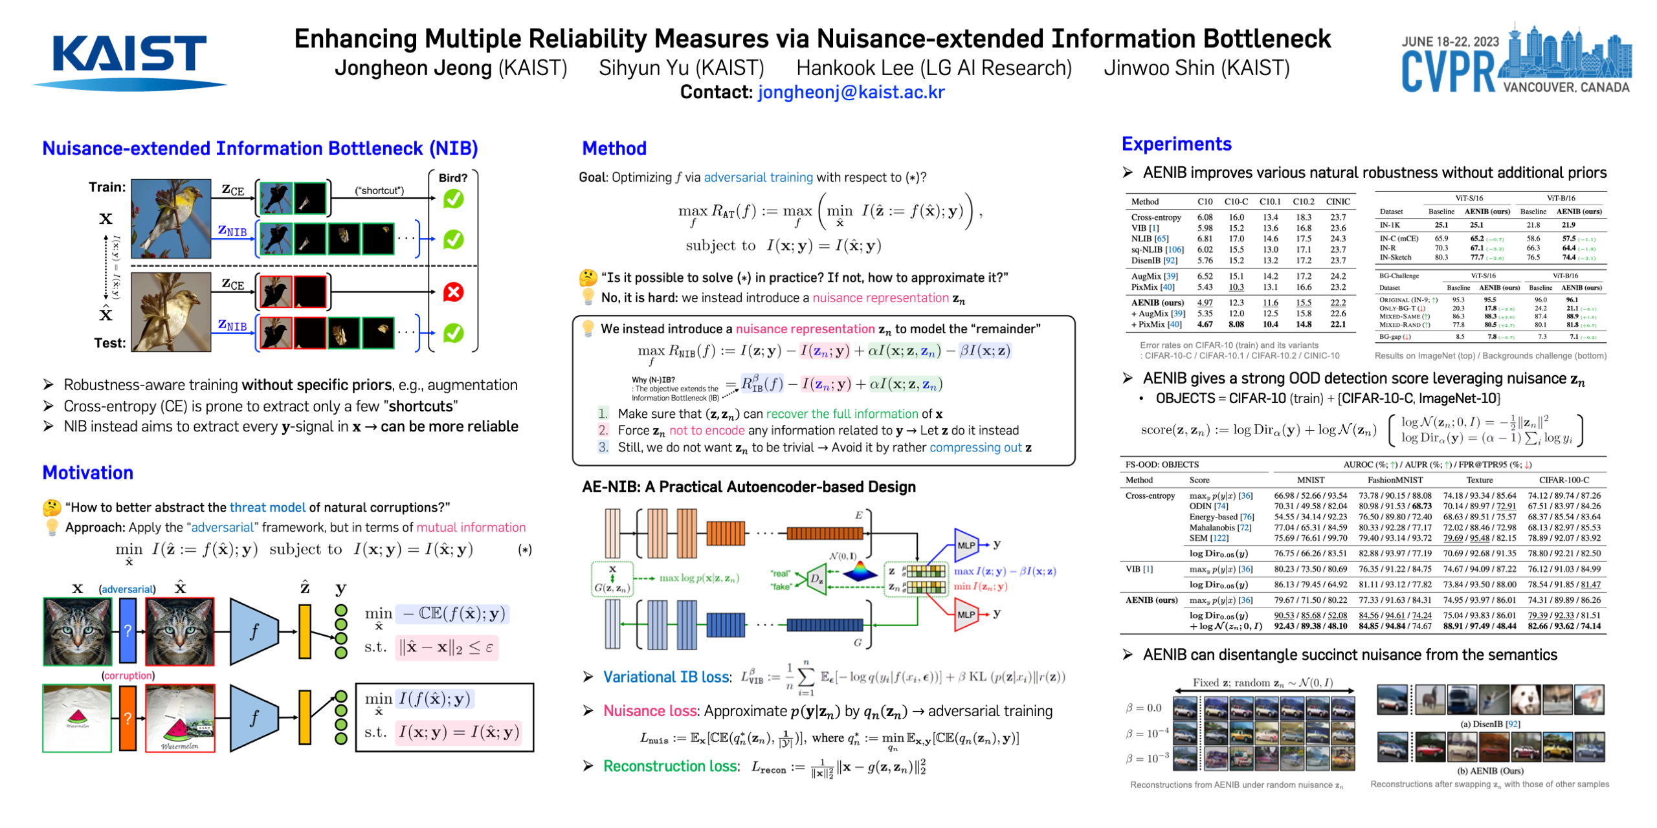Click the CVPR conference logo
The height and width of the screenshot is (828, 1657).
click(x=1515, y=61)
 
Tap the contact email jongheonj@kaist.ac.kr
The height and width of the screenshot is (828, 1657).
click(x=851, y=93)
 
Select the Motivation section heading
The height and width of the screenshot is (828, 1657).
click(x=88, y=473)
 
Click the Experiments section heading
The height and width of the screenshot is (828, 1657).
click(x=1176, y=144)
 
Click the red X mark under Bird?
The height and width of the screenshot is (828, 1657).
click(x=453, y=292)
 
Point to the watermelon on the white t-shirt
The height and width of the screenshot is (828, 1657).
click(x=77, y=716)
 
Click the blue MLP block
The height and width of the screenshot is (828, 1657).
click(x=966, y=545)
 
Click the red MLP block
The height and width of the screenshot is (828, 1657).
click(x=966, y=615)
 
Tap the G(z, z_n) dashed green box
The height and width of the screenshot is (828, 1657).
click(x=612, y=579)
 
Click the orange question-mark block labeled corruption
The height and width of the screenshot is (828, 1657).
click(x=128, y=718)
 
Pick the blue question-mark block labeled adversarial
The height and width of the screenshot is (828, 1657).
click(x=128, y=631)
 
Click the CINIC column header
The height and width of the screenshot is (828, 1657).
click(x=1337, y=202)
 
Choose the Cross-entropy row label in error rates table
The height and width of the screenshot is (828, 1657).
click(x=1156, y=217)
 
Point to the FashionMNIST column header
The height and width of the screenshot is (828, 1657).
click(x=1395, y=480)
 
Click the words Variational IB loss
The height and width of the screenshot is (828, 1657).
click(x=667, y=677)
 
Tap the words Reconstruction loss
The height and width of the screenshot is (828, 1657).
click(x=671, y=767)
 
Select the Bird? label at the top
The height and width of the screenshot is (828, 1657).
click(x=452, y=178)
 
